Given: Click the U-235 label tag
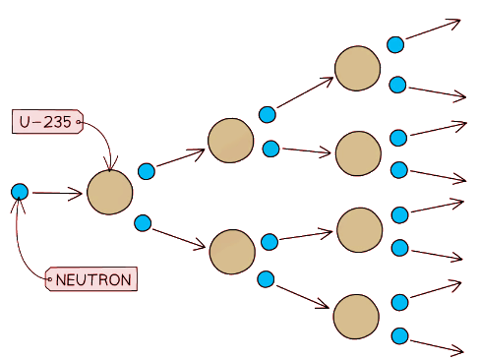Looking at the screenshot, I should point(45,122).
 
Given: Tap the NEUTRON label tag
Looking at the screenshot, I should point(93,279).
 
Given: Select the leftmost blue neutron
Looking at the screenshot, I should point(19,192).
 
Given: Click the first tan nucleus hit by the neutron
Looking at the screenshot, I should point(109,192).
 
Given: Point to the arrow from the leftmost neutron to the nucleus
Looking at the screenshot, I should point(57,194).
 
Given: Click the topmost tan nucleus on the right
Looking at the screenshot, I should point(357,68).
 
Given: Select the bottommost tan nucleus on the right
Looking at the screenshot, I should point(356,316).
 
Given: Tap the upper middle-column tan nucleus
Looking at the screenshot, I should point(231,140).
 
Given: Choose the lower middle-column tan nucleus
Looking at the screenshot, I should point(232,252).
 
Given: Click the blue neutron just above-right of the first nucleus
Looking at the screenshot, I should point(147,171).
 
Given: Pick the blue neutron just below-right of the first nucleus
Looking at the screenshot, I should point(143,222).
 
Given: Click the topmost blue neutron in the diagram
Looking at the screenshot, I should point(395,44).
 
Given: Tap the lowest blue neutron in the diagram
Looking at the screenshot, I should point(399,335).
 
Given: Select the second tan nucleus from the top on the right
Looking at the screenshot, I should point(357,152).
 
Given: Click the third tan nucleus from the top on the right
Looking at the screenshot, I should point(359,229).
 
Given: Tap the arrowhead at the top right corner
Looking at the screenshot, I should point(455,22).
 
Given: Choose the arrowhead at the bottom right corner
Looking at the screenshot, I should point(457,350).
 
